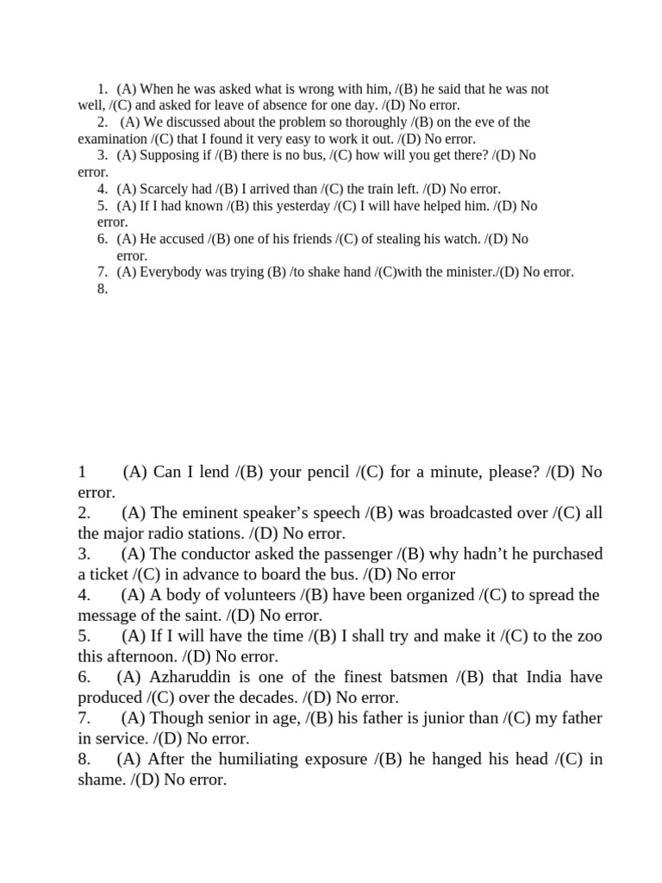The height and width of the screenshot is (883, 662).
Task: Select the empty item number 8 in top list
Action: click(103, 289)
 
